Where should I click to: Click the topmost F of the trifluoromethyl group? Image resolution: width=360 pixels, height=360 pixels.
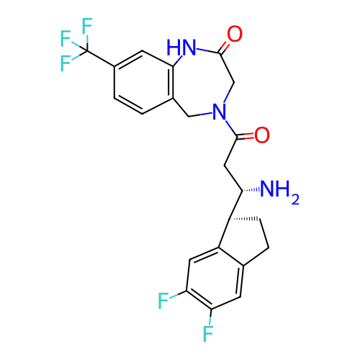tap(87, 26)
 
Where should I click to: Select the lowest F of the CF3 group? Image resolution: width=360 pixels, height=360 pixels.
tap(66, 63)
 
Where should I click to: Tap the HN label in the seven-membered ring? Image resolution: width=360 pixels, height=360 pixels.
tap(181, 47)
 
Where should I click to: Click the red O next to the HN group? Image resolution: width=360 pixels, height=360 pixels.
tap(235, 34)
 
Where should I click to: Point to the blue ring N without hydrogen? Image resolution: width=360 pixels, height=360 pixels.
tap(220, 112)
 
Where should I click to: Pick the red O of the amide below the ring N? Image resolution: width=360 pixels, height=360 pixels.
tap(262, 135)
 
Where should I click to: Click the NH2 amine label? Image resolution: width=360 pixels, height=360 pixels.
tap(279, 192)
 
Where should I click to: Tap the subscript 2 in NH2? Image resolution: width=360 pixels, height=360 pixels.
tap(295, 200)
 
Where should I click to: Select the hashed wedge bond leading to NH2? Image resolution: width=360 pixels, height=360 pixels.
tap(251, 190)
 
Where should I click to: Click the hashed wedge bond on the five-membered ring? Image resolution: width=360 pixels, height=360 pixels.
tap(243, 219)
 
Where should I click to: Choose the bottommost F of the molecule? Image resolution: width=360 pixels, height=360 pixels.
tap(208, 333)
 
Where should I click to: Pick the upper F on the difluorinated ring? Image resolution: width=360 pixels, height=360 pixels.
tap(163, 300)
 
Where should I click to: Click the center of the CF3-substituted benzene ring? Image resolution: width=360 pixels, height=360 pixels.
tap(143, 82)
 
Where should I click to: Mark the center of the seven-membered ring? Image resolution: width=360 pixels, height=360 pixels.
tap(201, 84)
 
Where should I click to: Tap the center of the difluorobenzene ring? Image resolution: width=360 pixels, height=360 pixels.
tap(215, 278)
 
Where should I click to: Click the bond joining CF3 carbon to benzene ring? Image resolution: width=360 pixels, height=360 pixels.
tap(101, 58)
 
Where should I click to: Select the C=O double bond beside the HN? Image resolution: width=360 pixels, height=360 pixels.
tap(224, 48)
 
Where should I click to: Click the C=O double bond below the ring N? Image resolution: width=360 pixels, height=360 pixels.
tap(246, 137)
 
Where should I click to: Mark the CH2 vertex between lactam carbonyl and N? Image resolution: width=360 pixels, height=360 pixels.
tap(234, 83)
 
